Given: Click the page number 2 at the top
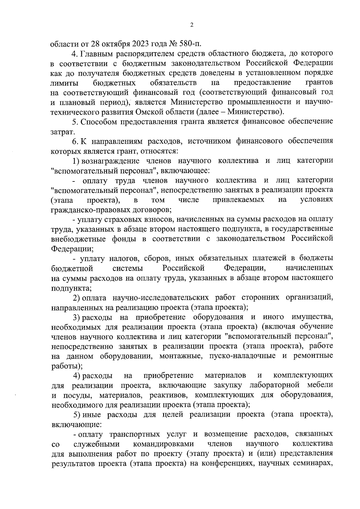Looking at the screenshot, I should [x=192, y=25].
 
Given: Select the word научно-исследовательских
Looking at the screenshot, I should [x=160, y=297].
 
